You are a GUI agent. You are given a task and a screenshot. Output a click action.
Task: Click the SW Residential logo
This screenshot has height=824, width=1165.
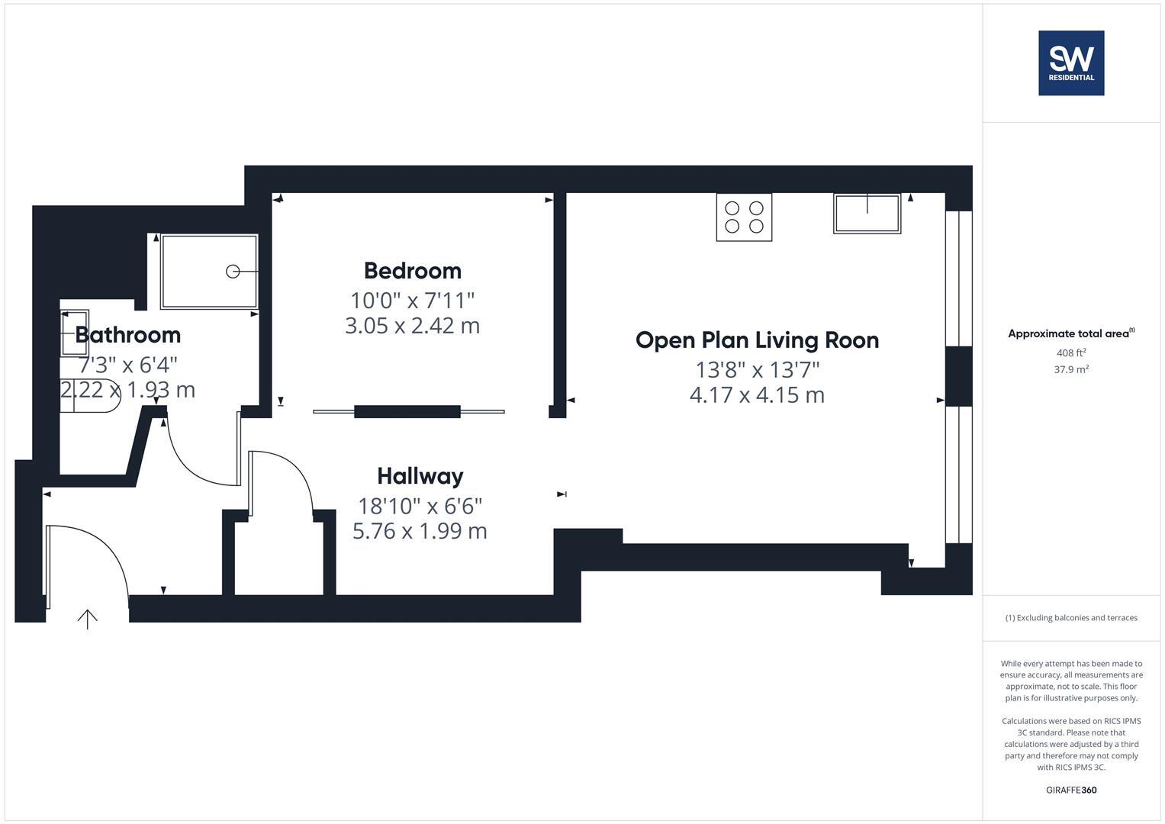[x=1071, y=63]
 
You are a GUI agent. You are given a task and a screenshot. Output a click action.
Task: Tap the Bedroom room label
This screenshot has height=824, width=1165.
[x=413, y=271]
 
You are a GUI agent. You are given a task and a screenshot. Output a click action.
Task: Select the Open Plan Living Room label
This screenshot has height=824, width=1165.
[x=757, y=340]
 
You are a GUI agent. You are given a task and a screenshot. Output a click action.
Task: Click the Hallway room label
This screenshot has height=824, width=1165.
[x=420, y=476]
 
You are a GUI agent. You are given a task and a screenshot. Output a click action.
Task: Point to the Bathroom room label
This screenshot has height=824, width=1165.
[x=127, y=335]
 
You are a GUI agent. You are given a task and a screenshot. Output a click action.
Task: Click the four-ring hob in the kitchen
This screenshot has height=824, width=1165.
[x=744, y=217]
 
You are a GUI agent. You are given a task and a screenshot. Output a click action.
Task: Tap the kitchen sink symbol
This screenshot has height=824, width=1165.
[x=867, y=213]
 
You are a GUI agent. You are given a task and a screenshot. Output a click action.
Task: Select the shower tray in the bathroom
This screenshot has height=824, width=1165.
[x=209, y=272]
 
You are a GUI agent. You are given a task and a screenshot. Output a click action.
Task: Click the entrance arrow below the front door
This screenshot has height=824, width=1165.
[x=88, y=619]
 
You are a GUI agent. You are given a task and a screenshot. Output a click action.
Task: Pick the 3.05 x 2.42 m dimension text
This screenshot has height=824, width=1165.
[x=413, y=326]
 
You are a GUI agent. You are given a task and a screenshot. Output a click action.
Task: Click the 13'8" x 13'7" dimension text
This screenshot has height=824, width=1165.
[x=757, y=370]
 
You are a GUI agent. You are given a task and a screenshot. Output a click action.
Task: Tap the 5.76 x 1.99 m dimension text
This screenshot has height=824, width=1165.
[x=420, y=531]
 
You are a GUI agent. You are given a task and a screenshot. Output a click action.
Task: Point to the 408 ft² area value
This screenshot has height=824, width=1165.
[x=1071, y=353]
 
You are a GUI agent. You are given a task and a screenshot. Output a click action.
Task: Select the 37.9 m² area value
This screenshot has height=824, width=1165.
[x=1071, y=369]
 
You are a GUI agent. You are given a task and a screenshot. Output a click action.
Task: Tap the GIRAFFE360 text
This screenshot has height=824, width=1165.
[x=1071, y=790]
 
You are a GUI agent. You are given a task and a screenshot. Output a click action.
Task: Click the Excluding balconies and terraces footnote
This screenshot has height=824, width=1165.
[x=1071, y=618]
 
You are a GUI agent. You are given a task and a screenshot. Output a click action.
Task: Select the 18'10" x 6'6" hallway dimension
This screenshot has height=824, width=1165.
[x=420, y=506]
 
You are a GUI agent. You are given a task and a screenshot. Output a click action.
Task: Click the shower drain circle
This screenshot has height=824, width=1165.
[x=233, y=272]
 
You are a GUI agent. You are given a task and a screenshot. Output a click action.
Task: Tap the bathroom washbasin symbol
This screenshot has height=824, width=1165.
[x=75, y=333]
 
